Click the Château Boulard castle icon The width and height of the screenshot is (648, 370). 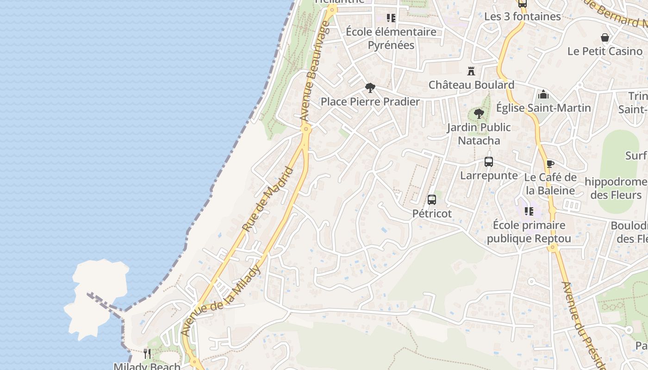click(x=471, y=71)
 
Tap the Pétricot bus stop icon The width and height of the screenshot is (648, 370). click(x=432, y=200)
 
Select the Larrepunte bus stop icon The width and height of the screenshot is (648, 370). click(x=489, y=162)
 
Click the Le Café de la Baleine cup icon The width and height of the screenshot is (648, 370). click(x=550, y=164)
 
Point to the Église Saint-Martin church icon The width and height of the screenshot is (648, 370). click(x=543, y=95)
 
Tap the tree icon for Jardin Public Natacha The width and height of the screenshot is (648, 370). click(x=479, y=113)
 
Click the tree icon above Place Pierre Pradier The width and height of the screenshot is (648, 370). click(x=370, y=88)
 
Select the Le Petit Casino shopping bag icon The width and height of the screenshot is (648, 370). click(x=605, y=37)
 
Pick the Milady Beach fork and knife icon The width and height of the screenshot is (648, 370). click(x=147, y=354)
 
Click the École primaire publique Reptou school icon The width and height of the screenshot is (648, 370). click(x=529, y=211)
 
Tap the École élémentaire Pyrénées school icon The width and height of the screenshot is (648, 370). click(x=391, y=18)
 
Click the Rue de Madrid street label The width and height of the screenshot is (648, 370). click(x=268, y=200)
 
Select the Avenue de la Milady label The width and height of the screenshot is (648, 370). click(x=221, y=301)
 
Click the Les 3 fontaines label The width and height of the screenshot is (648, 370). click(x=523, y=17)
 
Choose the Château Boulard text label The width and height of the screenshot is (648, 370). click(x=471, y=85)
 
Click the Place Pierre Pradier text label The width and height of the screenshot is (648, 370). click(x=370, y=102)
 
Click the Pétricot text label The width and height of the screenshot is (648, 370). click(x=432, y=214)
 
